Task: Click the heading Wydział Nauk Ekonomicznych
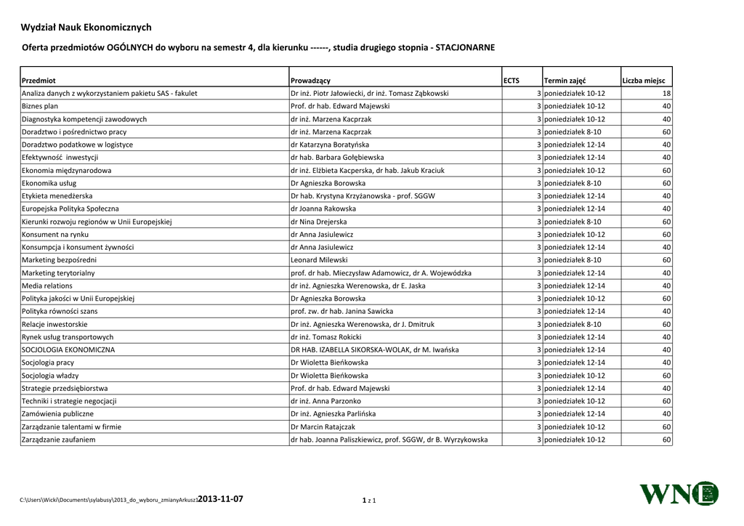(x=86, y=28)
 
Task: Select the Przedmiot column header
(x=39, y=81)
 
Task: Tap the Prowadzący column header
(x=310, y=81)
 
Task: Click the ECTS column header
(x=511, y=81)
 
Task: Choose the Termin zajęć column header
(x=565, y=81)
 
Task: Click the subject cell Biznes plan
(x=40, y=106)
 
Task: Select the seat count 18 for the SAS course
(x=666, y=94)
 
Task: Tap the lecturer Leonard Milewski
(x=319, y=260)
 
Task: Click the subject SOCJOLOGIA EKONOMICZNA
(x=68, y=349)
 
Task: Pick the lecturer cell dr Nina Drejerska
(x=318, y=222)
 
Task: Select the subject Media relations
(x=47, y=286)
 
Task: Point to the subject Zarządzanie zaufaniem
(x=58, y=440)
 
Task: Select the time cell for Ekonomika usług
(x=573, y=183)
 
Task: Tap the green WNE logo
(x=678, y=494)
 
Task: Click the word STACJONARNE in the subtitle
(x=465, y=48)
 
